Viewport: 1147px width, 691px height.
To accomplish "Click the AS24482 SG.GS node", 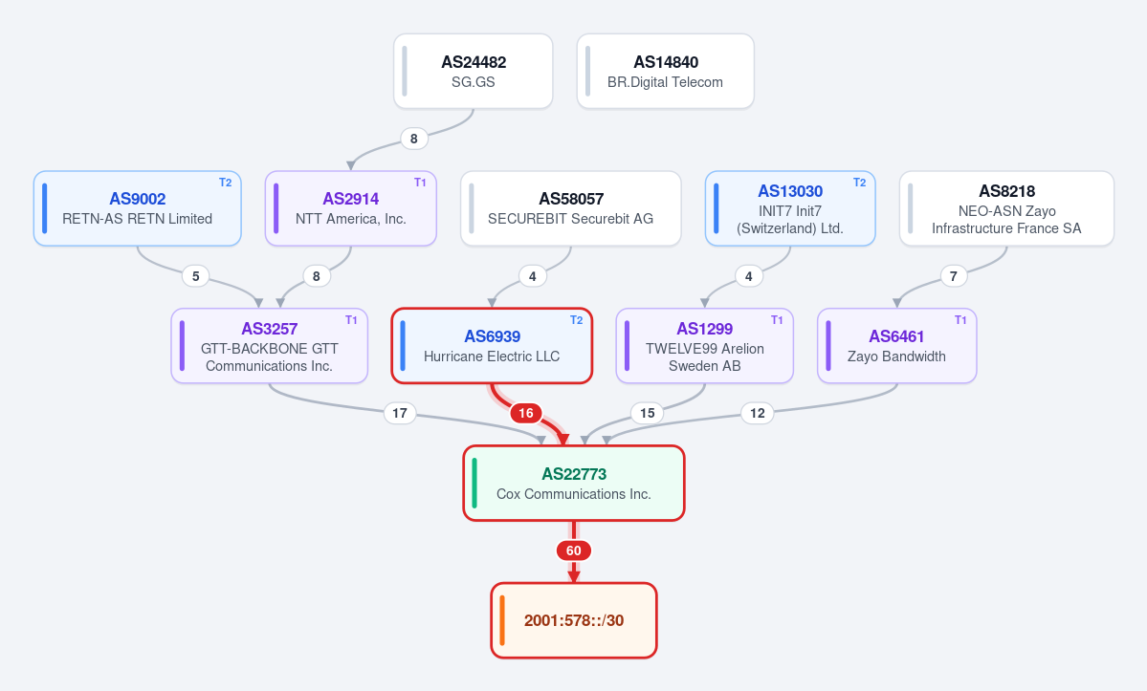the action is click(x=474, y=72).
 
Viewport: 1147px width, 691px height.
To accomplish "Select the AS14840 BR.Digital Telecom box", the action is click(x=666, y=72).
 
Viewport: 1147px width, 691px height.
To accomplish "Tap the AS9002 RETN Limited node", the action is click(x=138, y=208).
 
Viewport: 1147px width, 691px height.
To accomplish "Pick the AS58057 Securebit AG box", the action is click(x=570, y=208).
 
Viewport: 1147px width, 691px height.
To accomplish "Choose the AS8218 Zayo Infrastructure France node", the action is click(x=1006, y=208).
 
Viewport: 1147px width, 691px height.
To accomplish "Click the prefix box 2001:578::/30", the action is click(x=574, y=620).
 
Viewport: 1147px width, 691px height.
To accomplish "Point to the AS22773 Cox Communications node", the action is click(x=574, y=483).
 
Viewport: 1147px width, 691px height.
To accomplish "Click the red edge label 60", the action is click(x=574, y=551).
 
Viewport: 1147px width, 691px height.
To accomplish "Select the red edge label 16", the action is click(x=526, y=414).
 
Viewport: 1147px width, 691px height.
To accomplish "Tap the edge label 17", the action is click(x=400, y=414).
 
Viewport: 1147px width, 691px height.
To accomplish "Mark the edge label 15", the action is click(x=648, y=414).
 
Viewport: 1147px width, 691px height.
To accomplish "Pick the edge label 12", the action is click(x=757, y=414).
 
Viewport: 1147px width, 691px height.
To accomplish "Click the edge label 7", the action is click(x=953, y=276).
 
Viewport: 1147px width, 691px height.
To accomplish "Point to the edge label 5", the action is click(x=195, y=276).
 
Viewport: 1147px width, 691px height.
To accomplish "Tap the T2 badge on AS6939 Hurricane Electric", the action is click(x=577, y=320).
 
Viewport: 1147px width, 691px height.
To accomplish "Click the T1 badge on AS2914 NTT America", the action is click(x=420, y=183).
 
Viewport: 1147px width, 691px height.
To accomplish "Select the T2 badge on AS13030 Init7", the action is click(x=859, y=183).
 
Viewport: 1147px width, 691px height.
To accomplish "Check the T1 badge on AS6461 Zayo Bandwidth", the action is click(x=960, y=320).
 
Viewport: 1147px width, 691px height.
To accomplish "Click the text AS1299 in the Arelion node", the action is click(x=704, y=329).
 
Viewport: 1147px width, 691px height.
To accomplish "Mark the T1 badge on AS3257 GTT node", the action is click(x=351, y=320).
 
